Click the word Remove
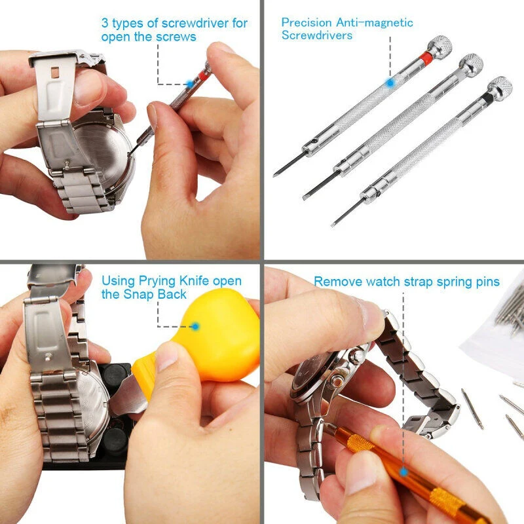[x=337, y=282]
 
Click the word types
[x=131, y=24]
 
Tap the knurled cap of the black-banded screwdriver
[x=500, y=85]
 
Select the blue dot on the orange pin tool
[x=403, y=471]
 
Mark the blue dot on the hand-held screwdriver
[x=189, y=84]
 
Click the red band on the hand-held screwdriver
[x=204, y=75]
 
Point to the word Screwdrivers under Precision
[x=317, y=35]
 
